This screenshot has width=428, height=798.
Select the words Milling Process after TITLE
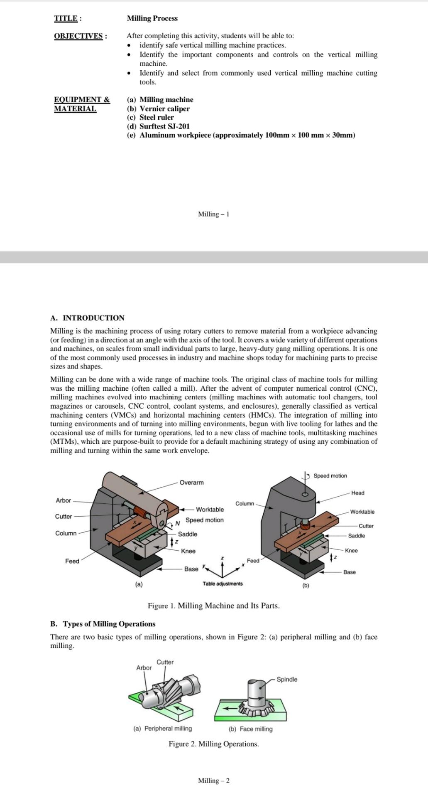click(152, 18)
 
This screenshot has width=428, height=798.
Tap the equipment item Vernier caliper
click(164, 108)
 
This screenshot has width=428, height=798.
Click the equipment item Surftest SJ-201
click(164, 126)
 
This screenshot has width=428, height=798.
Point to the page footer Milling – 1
click(213, 214)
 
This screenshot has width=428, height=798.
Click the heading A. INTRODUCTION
click(87, 318)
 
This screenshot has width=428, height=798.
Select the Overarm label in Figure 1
click(191, 483)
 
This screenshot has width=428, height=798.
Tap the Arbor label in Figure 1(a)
click(63, 500)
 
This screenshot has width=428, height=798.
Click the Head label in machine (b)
click(357, 493)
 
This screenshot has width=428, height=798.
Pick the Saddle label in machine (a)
click(187, 534)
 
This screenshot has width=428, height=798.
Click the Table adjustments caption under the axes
click(223, 584)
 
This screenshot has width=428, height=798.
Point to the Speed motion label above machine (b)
click(330, 476)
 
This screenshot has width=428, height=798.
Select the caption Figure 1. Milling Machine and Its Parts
click(213, 606)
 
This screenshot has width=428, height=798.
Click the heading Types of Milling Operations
click(109, 624)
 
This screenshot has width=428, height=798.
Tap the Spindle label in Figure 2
click(287, 679)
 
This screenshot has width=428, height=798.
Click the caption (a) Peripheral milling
click(163, 728)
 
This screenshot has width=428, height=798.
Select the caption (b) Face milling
click(250, 729)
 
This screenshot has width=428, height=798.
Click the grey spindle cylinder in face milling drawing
click(257, 690)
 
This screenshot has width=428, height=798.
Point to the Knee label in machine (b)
click(351, 551)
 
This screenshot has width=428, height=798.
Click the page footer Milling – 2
click(213, 781)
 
